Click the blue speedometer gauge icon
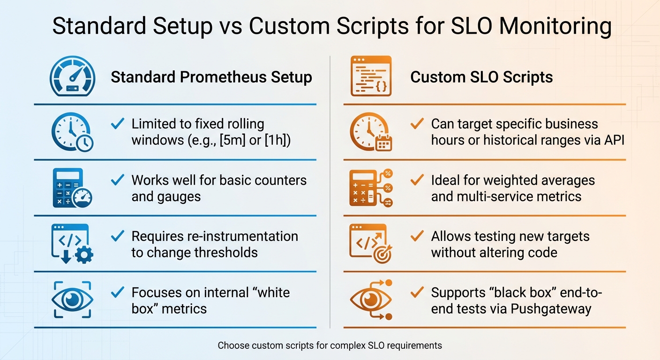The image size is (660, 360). [73, 77]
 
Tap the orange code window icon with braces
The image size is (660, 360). [371, 77]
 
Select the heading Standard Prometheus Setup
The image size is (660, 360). [211, 77]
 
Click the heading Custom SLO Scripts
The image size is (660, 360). [481, 77]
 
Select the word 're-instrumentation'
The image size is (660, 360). [247, 236]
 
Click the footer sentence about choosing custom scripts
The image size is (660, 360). [330, 345]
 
